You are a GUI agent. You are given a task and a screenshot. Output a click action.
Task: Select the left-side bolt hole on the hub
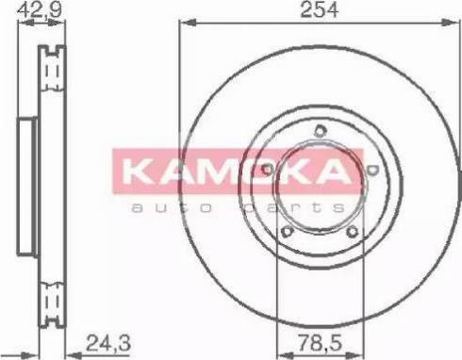[268, 170]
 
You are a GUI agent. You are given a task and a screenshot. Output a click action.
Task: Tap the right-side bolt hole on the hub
[373, 170]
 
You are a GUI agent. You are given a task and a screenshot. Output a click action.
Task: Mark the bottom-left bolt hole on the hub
[289, 232]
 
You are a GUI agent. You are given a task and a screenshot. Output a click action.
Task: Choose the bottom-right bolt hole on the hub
[353, 232]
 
